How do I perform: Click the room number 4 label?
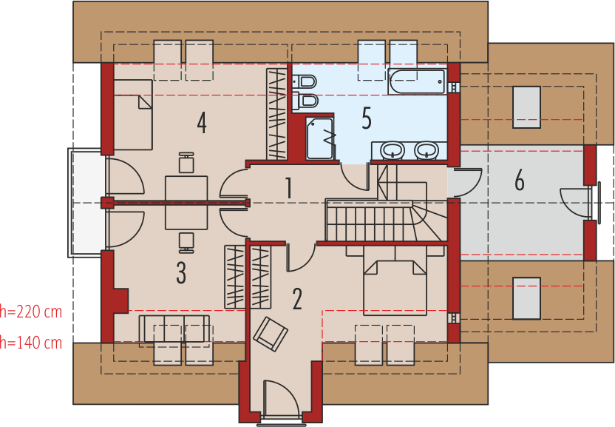pyautogui.click(x=202, y=123)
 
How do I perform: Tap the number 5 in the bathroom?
pyautogui.click(x=367, y=118)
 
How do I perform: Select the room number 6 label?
pyautogui.click(x=520, y=181)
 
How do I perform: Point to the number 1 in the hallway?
pyautogui.click(x=289, y=188)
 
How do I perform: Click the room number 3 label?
pyautogui.click(x=181, y=272)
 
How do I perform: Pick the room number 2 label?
pyautogui.click(x=297, y=299)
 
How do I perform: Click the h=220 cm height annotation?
pyautogui.click(x=31, y=312)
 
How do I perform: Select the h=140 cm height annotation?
pyautogui.click(x=31, y=343)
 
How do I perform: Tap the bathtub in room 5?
pyautogui.click(x=417, y=81)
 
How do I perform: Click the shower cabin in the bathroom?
pyautogui.click(x=320, y=138)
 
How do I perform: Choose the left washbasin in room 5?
pyautogui.click(x=393, y=150)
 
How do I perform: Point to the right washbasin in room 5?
pyautogui.click(x=427, y=150)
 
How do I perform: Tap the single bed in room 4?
pyautogui.click(x=133, y=114)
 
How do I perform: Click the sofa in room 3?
pyautogui.click(x=174, y=329)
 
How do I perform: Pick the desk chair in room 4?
pyautogui.click(x=186, y=163)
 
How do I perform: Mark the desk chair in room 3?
pyautogui.click(x=186, y=243)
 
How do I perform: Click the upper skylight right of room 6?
pyautogui.click(x=526, y=107)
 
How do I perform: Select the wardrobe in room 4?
pyautogui.click(x=277, y=114)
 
